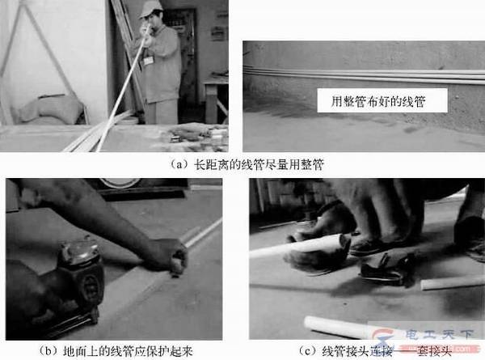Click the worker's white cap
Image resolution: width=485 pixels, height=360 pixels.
tap(150, 9)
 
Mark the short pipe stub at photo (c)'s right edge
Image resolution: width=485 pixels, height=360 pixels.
tap(453, 282)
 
